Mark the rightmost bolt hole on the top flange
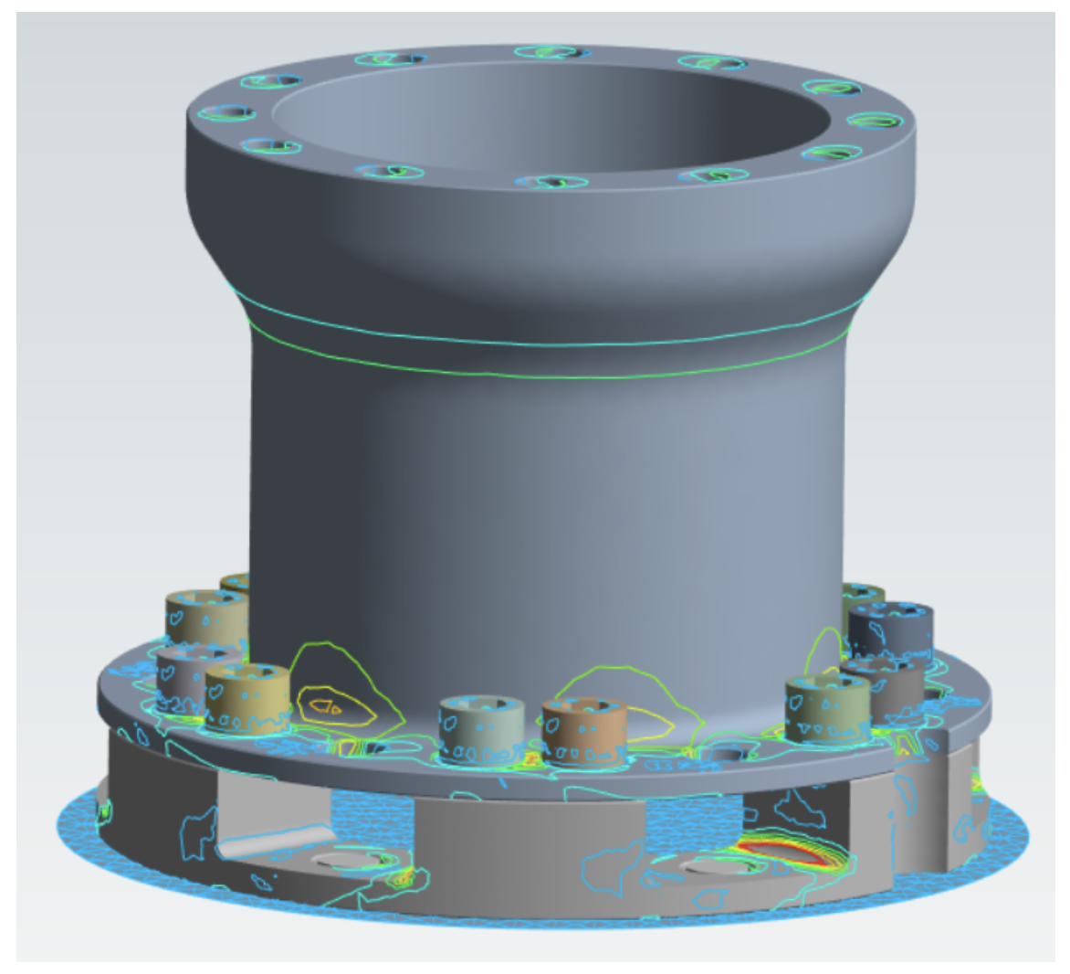click(874, 121)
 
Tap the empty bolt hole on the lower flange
click(726, 755)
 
